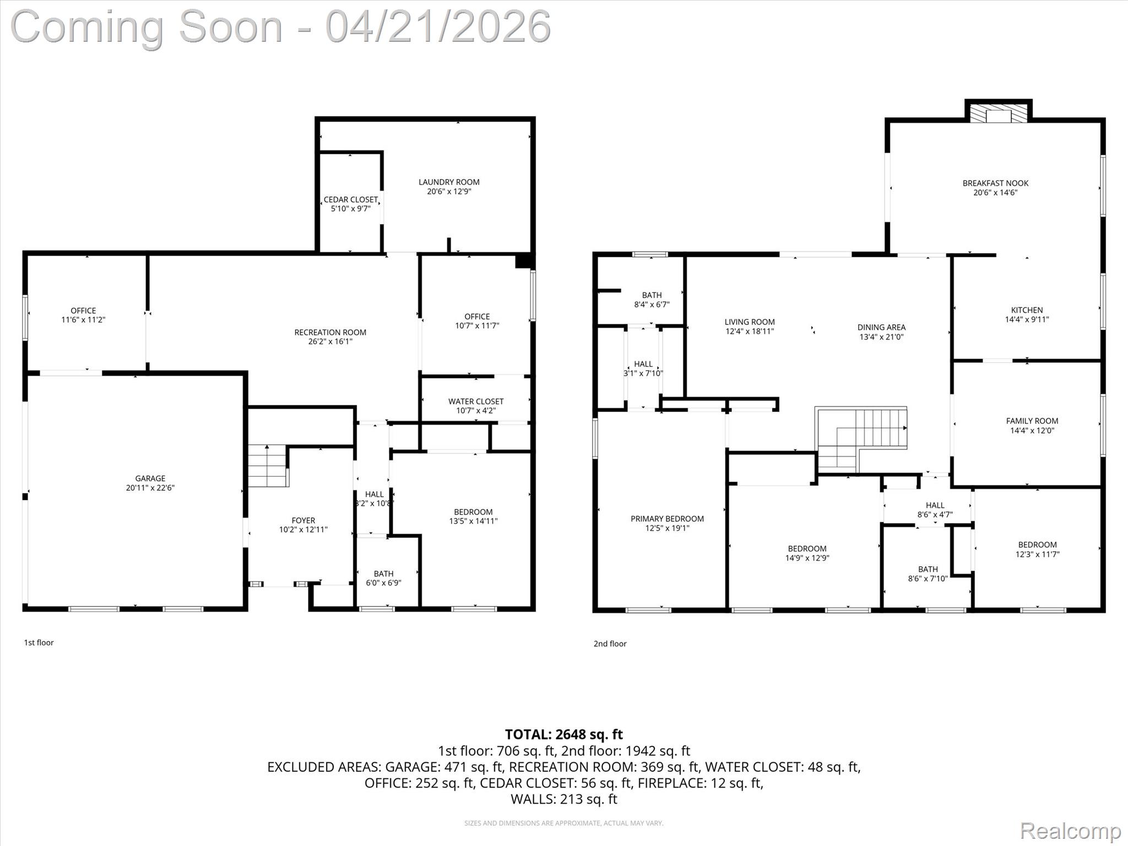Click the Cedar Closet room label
coord(351,199)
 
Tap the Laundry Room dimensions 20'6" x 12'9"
coord(449,192)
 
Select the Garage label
coord(150,478)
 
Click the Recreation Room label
coord(330,332)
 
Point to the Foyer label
coord(303,520)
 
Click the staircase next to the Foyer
coord(268,466)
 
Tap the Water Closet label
coord(475,402)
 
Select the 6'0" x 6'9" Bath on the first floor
coord(383,578)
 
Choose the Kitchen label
coord(1027,310)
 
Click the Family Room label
coord(1032,421)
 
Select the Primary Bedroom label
coord(667,518)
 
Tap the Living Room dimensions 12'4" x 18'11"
coord(750,332)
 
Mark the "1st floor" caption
coord(39,642)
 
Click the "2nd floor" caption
coord(610,643)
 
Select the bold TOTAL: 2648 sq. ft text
coord(563,734)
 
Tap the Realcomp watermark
coord(1070,831)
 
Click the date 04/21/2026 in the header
coord(438,26)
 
